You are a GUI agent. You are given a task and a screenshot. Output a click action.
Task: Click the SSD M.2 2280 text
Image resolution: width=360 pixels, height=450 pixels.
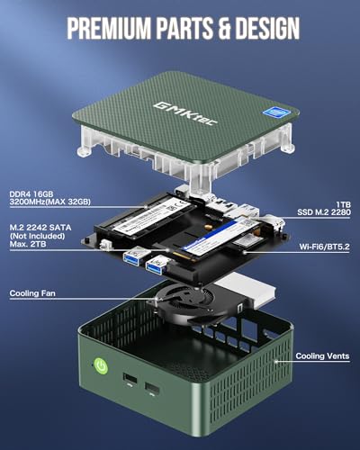click(x=321, y=214)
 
